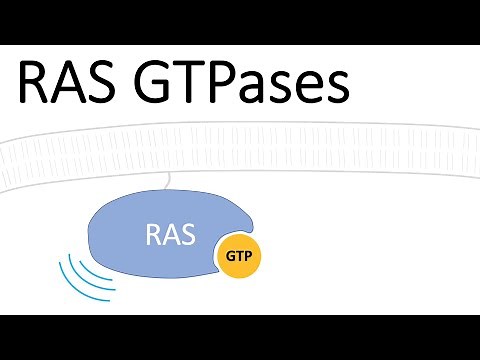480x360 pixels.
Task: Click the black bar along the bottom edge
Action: [x=240, y=337]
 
